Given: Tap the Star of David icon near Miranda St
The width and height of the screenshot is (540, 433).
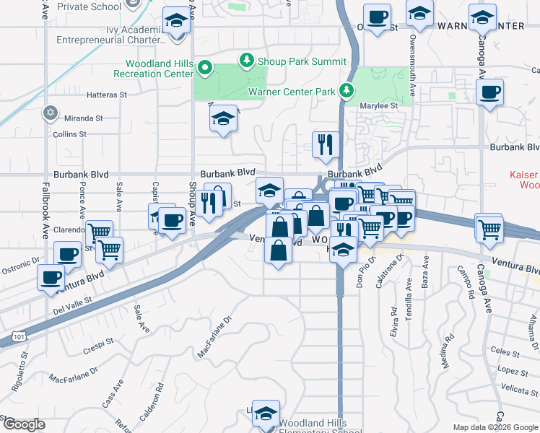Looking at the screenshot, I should pyautogui.click(x=50, y=112).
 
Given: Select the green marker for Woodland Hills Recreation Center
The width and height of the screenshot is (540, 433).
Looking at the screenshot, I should pyautogui.click(x=205, y=69).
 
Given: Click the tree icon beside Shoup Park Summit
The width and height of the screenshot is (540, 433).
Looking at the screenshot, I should pyautogui.click(x=247, y=59).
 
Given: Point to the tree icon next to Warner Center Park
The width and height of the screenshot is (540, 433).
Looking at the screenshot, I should pyautogui.click(x=347, y=89).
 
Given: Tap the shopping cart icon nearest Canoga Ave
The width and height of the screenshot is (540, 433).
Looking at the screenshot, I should pyautogui.click(x=489, y=229).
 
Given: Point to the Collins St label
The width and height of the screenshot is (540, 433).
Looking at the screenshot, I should pyautogui.click(x=69, y=134).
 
